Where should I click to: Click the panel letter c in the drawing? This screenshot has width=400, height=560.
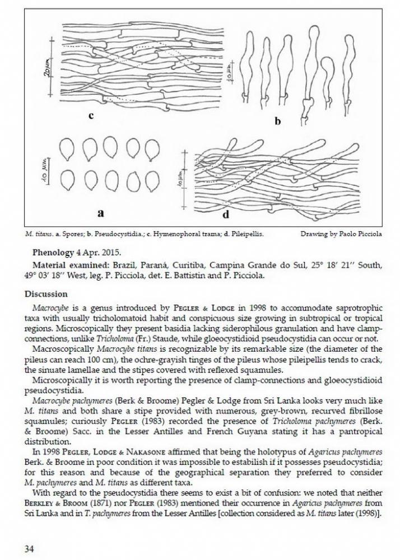(90, 116)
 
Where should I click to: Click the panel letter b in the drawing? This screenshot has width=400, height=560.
(277, 120)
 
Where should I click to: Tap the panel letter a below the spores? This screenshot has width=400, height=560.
(100, 212)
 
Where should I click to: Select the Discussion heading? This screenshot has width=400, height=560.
(46, 294)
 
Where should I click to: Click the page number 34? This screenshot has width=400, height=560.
(29, 549)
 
